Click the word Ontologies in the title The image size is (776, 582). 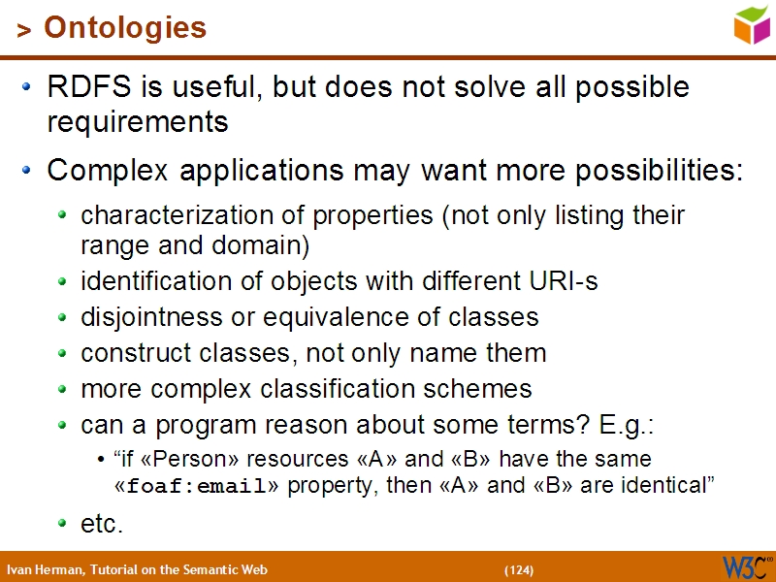click(x=125, y=28)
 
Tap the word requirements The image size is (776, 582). click(x=138, y=122)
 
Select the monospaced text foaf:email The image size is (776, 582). click(x=197, y=487)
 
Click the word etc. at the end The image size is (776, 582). click(x=102, y=524)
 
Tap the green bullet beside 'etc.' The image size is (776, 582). click(x=63, y=524)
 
